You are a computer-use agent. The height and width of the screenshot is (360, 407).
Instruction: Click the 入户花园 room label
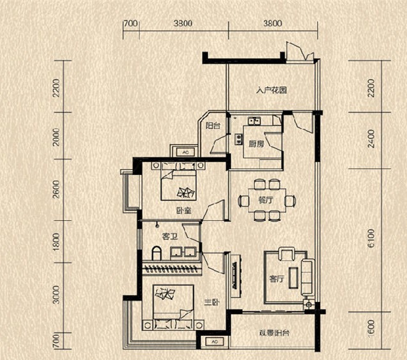coord(272,90)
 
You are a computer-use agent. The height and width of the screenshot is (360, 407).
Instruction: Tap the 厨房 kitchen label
coord(256,144)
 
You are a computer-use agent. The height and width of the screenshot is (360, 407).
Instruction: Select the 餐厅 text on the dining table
coord(266,200)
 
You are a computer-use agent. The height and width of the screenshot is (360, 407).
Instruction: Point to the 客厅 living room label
coord(277,279)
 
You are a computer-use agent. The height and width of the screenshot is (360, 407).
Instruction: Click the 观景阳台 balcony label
coord(274,333)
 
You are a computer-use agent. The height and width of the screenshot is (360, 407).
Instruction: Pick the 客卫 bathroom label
coord(170,236)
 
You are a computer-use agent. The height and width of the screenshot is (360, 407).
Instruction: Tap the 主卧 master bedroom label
coord(211,303)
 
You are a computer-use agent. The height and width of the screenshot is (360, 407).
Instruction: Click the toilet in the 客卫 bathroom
coord(157,253)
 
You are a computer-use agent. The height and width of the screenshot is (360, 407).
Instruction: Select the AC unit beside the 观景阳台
coord(215,342)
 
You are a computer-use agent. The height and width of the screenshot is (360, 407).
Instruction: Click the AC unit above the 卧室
coord(186,153)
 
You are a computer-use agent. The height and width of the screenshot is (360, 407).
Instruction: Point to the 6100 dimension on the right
coord(371,238)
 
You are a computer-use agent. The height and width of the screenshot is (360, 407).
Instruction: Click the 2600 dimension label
coord(56,190)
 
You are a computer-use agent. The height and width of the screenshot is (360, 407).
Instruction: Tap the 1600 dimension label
coord(371,328)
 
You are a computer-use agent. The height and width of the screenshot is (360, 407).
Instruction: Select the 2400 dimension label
coord(371,139)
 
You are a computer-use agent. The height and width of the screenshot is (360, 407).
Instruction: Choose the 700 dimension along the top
coord(130,24)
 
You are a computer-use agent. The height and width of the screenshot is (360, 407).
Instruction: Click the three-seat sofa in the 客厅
coord(307,277)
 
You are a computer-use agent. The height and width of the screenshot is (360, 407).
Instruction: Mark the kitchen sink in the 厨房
coord(254,121)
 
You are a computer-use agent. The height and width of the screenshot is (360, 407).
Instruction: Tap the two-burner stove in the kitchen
coord(238,139)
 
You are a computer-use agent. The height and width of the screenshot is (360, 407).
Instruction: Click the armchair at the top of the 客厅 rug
coord(286,254)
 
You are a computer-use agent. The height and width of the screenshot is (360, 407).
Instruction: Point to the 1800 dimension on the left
coord(56,242)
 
